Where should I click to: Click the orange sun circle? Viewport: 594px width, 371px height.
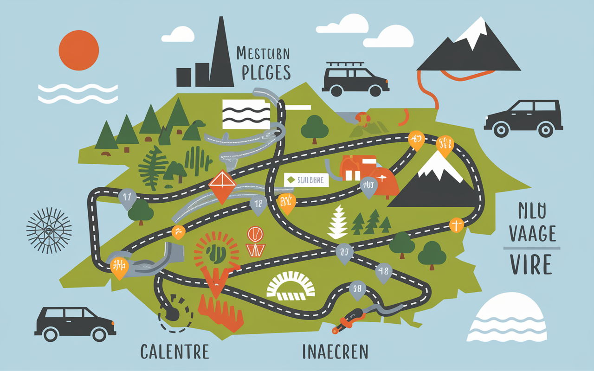[x=79, y=50]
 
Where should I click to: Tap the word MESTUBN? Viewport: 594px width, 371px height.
[x=263, y=53]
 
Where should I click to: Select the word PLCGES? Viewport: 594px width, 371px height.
[x=263, y=73]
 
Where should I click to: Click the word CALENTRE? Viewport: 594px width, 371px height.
[x=174, y=352]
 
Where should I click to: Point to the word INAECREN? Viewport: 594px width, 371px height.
[x=335, y=352]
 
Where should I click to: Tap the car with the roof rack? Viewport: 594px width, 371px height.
[x=355, y=79]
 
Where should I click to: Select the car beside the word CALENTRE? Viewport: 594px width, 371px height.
[x=75, y=323]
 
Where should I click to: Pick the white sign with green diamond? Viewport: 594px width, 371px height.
[x=306, y=180]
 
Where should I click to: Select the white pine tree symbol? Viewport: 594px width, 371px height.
[x=338, y=223]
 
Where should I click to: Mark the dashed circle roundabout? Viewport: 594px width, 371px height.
[x=175, y=313]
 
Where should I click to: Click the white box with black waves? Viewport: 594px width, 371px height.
[x=246, y=114]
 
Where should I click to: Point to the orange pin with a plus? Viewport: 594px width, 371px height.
[x=457, y=225]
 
